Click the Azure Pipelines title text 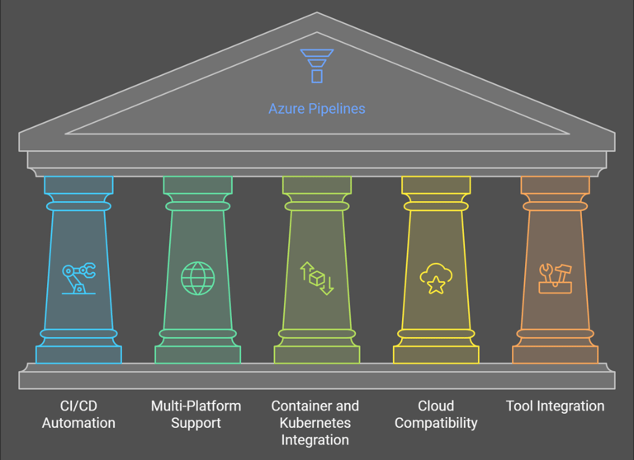pyautogui.click(x=317, y=109)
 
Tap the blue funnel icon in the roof pyautogui.click(x=317, y=66)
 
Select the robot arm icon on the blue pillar pyautogui.click(x=79, y=279)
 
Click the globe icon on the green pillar pyautogui.click(x=198, y=279)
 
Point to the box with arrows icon pyautogui.click(x=317, y=279)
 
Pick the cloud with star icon pyautogui.click(x=436, y=279)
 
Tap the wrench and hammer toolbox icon pyautogui.click(x=555, y=279)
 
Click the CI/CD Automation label pyautogui.click(x=78, y=415)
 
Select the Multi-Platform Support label pyautogui.click(x=196, y=415)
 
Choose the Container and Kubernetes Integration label pyautogui.click(x=315, y=423)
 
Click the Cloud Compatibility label pyautogui.click(x=436, y=415)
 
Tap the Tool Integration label pyautogui.click(x=555, y=406)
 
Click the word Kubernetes pyautogui.click(x=315, y=423)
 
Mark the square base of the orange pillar pyautogui.click(x=555, y=354)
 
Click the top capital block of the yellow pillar pyautogui.click(x=436, y=185)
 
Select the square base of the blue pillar pyautogui.click(x=79, y=354)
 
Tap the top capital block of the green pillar pyautogui.click(x=198, y=185)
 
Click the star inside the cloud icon pyautogui.click(x=436, y=285)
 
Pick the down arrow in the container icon pyautogui.click(x=327, y=285)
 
